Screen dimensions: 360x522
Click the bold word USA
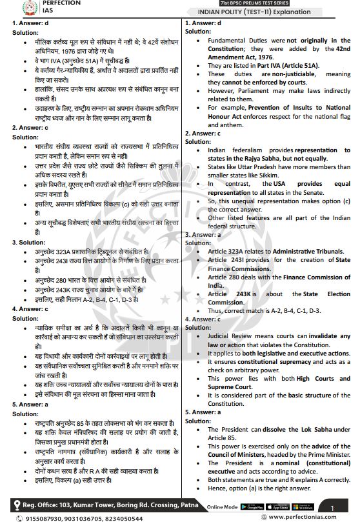[272, 183]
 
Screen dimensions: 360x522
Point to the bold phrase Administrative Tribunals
[308, 251]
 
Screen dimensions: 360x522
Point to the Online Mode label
[223, 507]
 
